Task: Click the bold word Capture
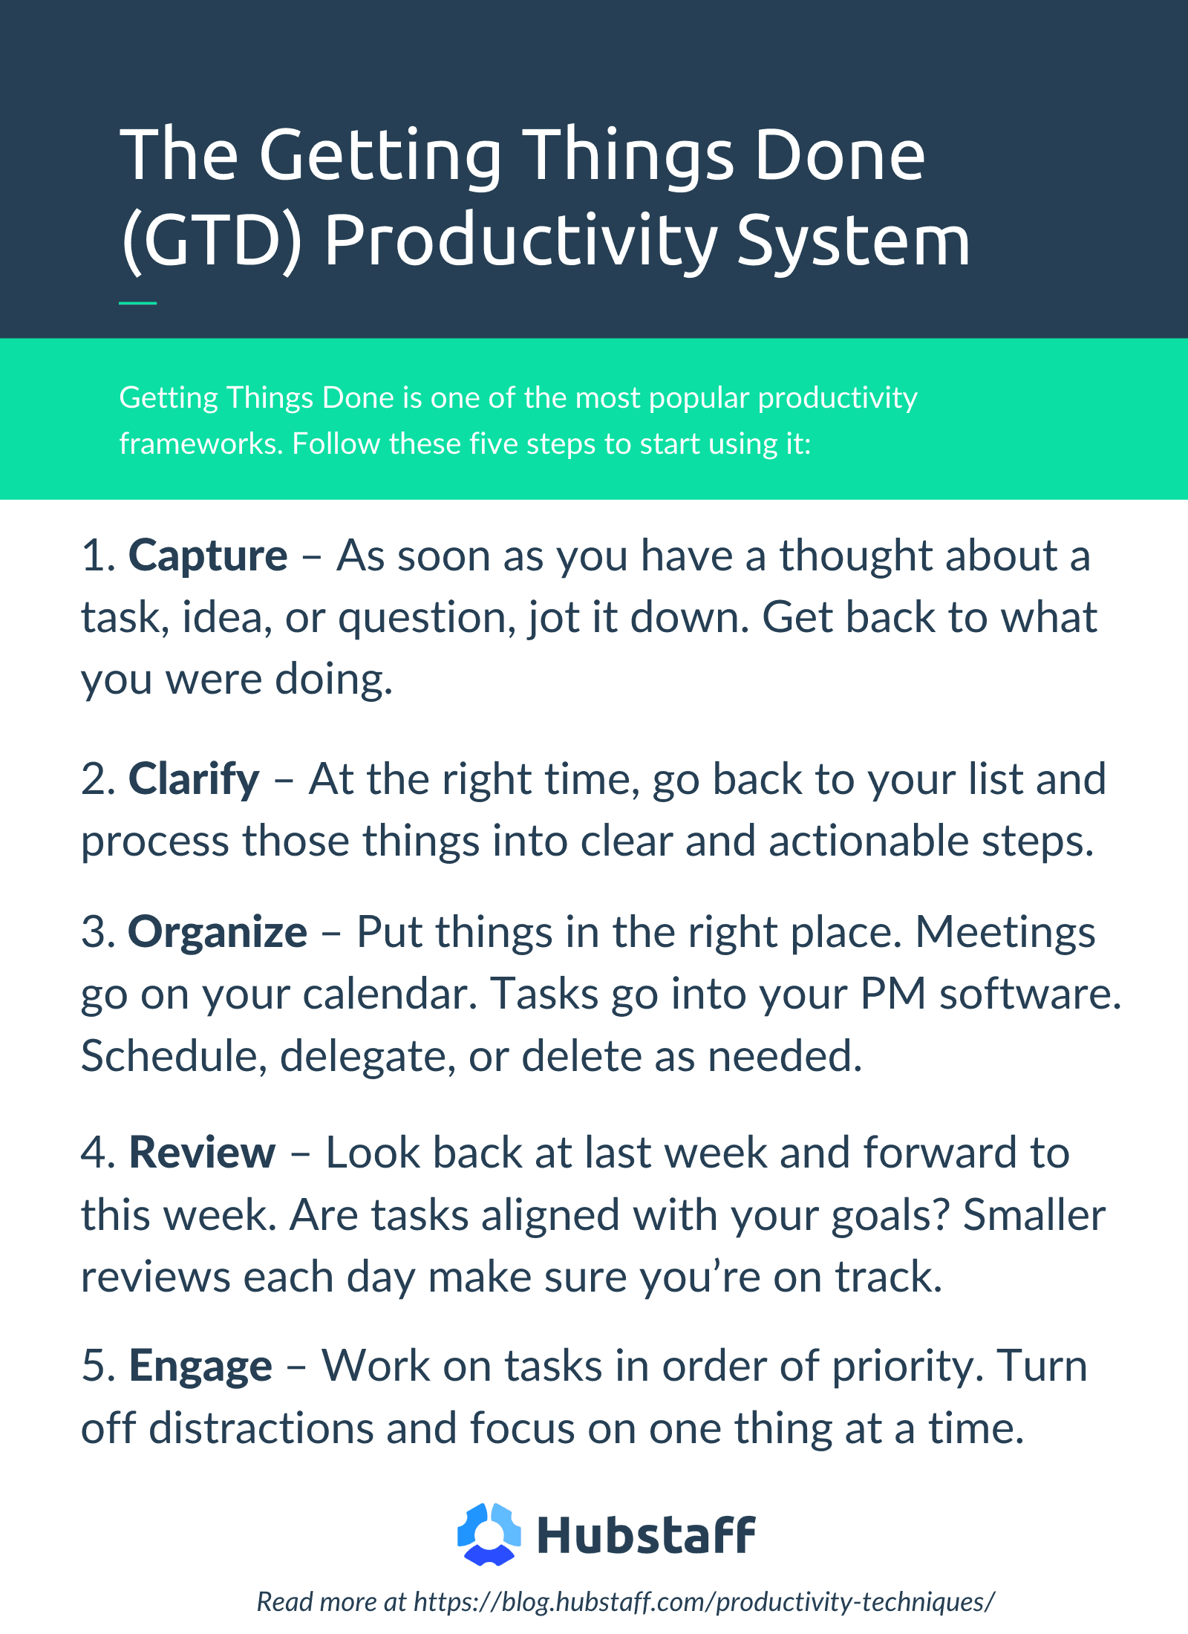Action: (208, 557)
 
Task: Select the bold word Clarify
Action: (194, 781)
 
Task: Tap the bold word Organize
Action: (218, 933)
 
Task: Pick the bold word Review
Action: (202, 1153)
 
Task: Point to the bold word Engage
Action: (200, 1367)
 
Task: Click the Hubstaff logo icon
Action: (489, 1534)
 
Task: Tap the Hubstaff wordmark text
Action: (646, 1536)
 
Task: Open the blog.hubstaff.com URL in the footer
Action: (704, 1602)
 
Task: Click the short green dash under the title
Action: (137, 303)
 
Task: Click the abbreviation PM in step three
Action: (893, 995)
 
